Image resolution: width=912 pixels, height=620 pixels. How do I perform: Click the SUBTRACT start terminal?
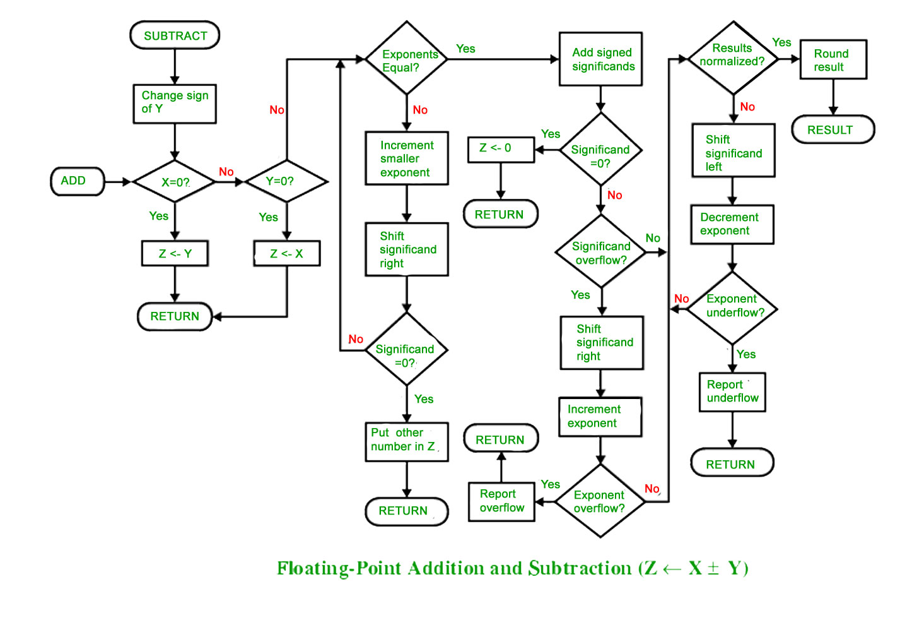175,35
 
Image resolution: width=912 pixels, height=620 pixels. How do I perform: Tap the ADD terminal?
78,181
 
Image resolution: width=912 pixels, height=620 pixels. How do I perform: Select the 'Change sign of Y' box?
175,104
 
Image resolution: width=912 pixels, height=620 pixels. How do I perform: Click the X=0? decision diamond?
175,181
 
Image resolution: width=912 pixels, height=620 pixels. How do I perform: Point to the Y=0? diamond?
286,181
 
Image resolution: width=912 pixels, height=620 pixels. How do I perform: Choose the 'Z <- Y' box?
175,254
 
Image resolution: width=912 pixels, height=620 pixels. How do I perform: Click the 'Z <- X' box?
286,254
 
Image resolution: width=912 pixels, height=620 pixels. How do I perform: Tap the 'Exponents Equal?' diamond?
407,58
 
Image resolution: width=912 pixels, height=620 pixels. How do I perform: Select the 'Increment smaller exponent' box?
407,158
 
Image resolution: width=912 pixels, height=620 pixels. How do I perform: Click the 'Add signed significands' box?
600,59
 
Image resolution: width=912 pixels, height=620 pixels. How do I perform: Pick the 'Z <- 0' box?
501,150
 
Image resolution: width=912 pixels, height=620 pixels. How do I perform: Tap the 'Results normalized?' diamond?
734,58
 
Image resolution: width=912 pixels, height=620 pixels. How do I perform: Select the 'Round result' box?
833,59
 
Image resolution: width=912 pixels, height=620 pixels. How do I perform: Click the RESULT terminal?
833,129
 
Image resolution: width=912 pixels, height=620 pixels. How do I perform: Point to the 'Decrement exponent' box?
732,225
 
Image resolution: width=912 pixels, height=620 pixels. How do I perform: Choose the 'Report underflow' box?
732,392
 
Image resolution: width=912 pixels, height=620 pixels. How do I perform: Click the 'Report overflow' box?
501,502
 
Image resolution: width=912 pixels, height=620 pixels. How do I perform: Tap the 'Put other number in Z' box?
407,442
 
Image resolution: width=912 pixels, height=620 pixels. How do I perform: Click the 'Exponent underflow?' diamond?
732,309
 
